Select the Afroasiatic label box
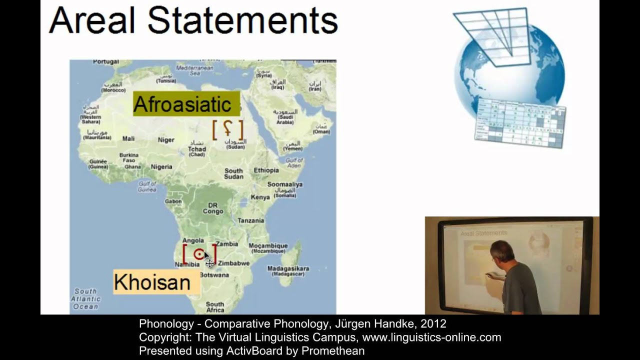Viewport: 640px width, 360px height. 182,104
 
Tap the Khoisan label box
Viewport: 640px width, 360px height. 152,282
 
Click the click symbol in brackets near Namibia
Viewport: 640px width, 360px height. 199,254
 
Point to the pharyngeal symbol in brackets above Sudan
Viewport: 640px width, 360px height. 227,129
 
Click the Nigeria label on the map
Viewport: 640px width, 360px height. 161,167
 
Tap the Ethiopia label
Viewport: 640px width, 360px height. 266,170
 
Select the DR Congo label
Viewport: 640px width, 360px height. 213,208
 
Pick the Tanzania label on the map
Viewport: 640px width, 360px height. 251,220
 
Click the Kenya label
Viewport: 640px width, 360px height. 260,197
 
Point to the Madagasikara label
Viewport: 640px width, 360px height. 288,268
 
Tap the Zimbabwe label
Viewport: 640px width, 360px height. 233,263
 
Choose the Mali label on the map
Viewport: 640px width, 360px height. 128,139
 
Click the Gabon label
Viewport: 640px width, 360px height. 173,201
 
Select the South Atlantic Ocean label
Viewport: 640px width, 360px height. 86,298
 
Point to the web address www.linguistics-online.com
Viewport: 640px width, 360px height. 431,337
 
